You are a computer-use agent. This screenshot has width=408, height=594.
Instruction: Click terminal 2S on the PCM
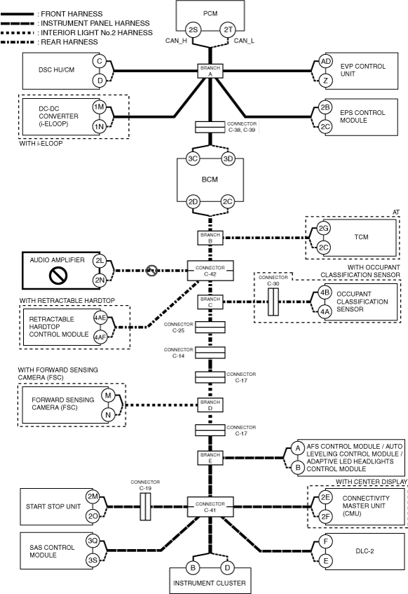click(x=193, y=29)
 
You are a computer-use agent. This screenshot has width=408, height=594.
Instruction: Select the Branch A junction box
click(x=210, y=71)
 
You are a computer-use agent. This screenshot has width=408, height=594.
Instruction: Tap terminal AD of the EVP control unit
click(x=325, y=62)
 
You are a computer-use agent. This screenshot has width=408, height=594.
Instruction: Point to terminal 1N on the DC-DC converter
click(x=100, y=126)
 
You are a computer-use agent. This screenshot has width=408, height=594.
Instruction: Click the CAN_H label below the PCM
click(x=176, y=41)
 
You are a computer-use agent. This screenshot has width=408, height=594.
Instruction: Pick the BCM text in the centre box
click(x=210, y=180)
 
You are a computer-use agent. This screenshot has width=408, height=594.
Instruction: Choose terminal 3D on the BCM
click(x=228, y=158)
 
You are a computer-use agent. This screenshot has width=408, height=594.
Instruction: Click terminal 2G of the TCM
click(x=323, y=228)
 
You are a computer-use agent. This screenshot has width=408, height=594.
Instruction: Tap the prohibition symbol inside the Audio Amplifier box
click(x=58, y=276)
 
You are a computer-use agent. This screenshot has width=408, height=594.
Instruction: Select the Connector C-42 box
click(x=210, y=271)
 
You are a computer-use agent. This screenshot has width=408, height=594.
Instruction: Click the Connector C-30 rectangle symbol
click(x=273, y=302)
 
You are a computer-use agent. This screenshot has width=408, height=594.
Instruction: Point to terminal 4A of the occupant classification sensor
click(x=325, y=312)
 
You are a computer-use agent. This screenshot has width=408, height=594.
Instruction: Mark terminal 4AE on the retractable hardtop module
click(x=100, y=318)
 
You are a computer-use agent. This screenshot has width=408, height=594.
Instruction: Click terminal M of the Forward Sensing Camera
click(x=108, y=396)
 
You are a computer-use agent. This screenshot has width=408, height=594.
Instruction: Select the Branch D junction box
click(x=210, y=405)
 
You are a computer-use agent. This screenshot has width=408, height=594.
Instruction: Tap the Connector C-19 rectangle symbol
click(x=146, y=506)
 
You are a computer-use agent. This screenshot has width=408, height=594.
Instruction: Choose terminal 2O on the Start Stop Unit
click(x=93, y=516)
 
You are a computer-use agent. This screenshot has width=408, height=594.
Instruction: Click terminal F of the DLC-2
click(x=325, y=541)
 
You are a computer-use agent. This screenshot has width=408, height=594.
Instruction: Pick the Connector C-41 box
click(x=210, y=507)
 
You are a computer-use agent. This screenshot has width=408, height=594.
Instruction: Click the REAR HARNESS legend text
click(x=69, y=42)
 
